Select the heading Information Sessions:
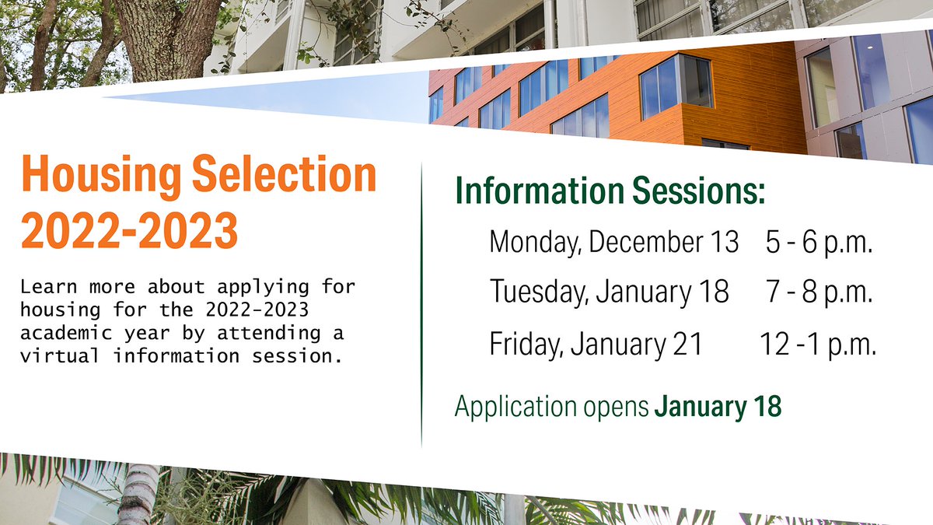point(610,191)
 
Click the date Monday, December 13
point(613,242)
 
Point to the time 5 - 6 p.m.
point(819,242)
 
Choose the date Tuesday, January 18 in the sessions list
point(609,292)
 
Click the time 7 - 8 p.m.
point(819,292)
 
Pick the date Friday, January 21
point(595,343)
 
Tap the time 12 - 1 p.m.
point(817,343)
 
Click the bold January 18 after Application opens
point(717,406)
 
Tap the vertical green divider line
point(421,303)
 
